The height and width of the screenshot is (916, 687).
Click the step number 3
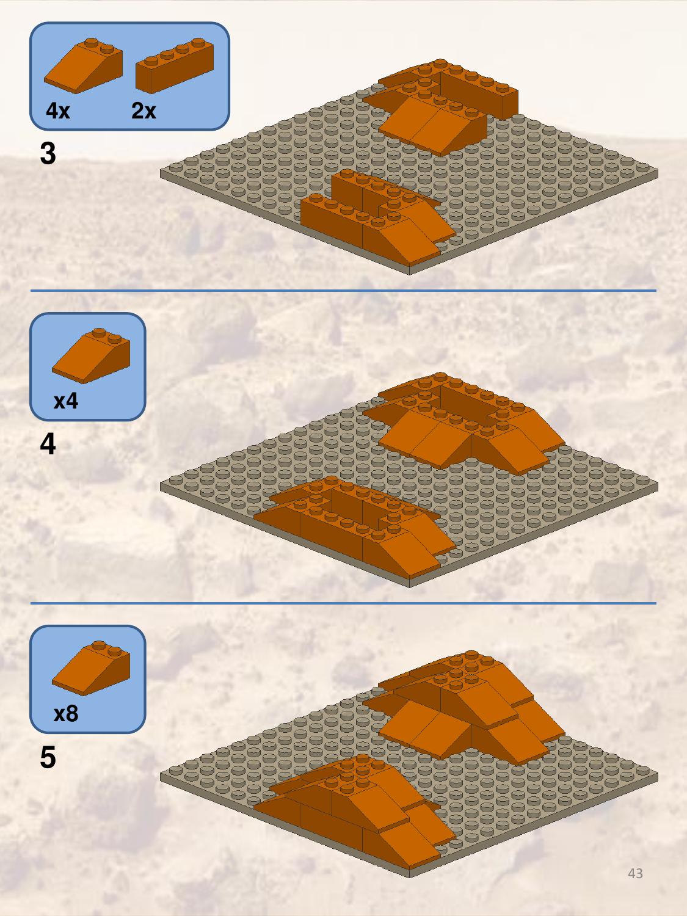tap(48, 153)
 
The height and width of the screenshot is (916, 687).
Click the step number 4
tap(48, 444)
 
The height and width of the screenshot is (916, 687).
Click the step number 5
tap(48, 757)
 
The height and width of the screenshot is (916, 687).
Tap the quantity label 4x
tap(58, 111)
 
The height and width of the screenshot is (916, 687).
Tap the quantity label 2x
tap(144, 111)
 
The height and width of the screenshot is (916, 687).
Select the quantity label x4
tap(66, 401)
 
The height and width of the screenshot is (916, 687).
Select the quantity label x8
tap(66, 713)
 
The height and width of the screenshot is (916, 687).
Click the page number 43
tap(635, 873)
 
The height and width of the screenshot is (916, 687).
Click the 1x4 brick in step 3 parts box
tap(175, 65)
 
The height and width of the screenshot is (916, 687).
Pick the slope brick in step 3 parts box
tap(84, 65)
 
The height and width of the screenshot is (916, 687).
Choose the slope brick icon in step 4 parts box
tap(91, 355)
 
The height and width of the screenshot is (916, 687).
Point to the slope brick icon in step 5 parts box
tap(91, 668)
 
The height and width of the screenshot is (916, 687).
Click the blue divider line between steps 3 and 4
tap(343, 291)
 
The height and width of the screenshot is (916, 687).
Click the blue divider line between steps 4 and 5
tap(343, 603)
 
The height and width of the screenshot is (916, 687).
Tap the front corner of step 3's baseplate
tap(410, 274)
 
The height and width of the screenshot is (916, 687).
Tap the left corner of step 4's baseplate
tap(161, 487)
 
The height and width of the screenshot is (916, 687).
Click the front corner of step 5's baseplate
tap(410, 878)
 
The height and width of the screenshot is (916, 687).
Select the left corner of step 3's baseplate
tap(161, 174)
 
